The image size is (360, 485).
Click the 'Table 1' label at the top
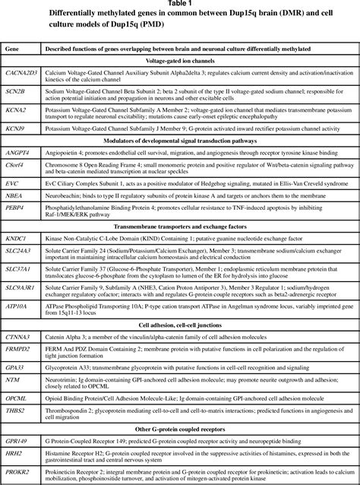[179, 4]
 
